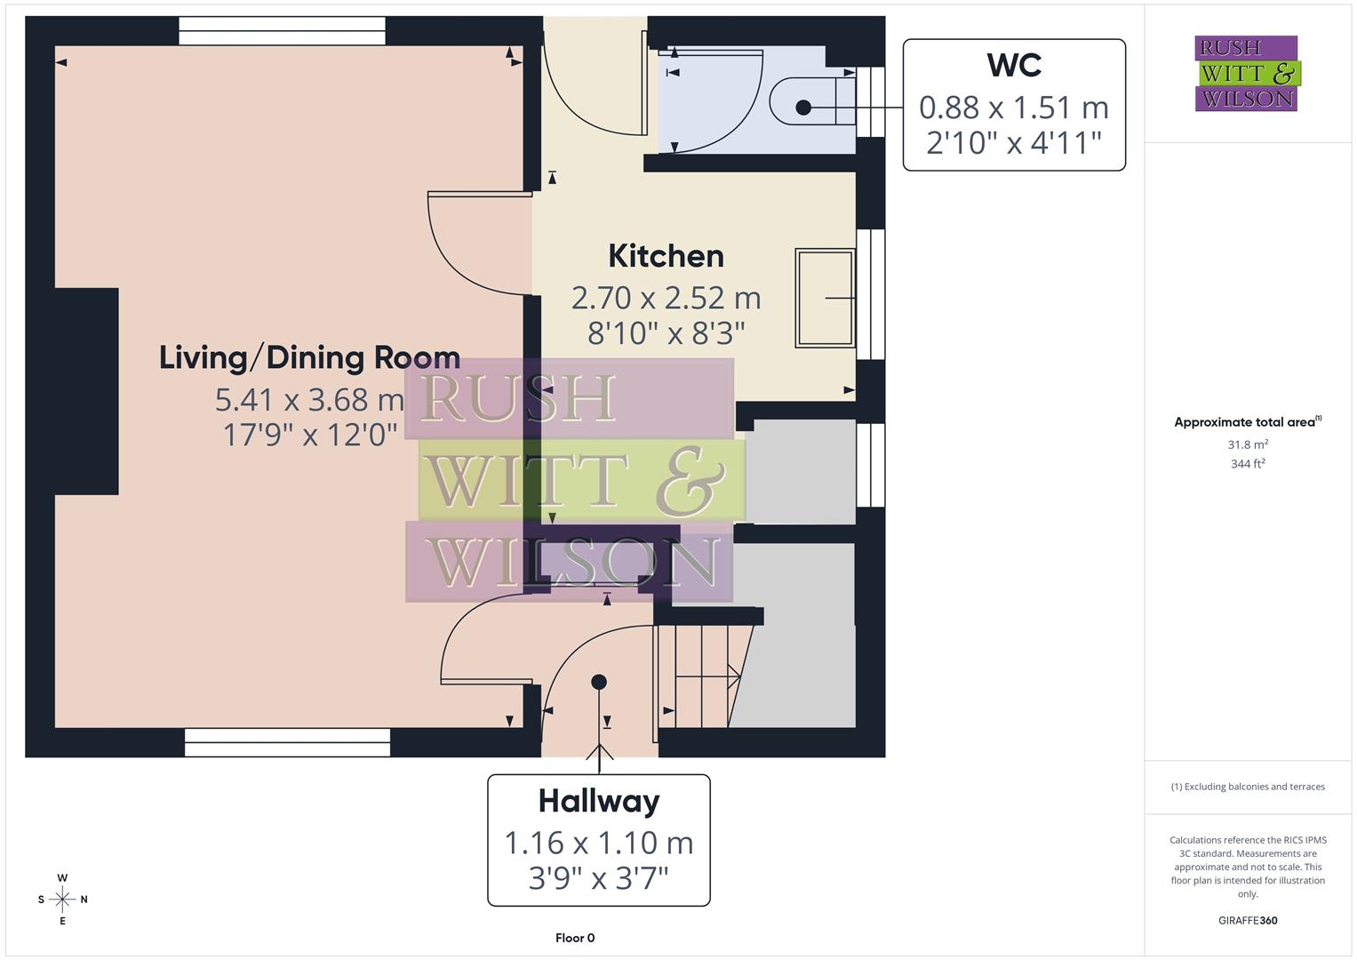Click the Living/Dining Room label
pos(309,357)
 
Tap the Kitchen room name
pos(666,256)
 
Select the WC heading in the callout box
pos(1014,65)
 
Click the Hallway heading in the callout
pos(599,801)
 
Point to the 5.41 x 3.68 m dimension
pos(309,400)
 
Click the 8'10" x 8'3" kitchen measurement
pos(666,333)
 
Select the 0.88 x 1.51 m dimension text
pos(1014,108)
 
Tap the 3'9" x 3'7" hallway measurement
pos(599,878)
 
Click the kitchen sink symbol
pos(825,298)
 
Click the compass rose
pos(62,900)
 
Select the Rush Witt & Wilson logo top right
pos(1247,74)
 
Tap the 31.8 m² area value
pos(1248,444)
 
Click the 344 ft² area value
pos(1248,463)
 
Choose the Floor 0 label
pos(575,938)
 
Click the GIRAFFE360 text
pos(1248,920)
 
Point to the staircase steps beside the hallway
pos(702,676)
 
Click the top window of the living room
pos(283,31)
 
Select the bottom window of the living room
pos(287,742)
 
